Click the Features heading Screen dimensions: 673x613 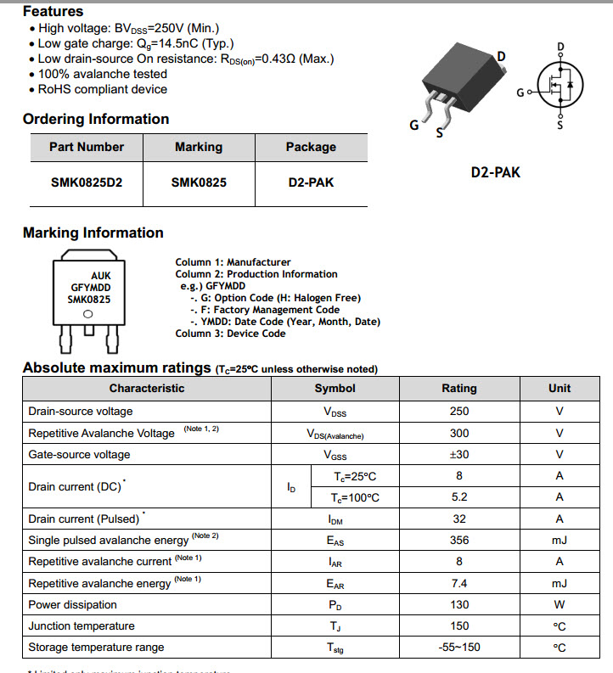point(53,12)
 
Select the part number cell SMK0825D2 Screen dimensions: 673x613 point(86,182)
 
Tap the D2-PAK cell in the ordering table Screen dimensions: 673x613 point(311,182)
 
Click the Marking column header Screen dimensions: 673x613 point(199,147)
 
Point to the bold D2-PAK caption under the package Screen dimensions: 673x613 point(496,172)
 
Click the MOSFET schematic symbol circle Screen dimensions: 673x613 point(560,85)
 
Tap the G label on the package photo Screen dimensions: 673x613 point(414,126)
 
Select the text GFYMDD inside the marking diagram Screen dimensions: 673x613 point(90,287)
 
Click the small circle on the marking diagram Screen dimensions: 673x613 point(89,315)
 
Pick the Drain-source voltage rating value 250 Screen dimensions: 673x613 point(459,411)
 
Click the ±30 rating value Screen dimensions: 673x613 point(459,454)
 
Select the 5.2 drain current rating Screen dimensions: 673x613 point(459,497)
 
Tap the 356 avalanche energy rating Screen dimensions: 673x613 point(459,540)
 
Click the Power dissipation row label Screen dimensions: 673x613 point(73,604)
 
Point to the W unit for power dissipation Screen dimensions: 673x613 point(560,604)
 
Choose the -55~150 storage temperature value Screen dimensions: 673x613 point(459,648)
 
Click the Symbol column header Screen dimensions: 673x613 point(335,388)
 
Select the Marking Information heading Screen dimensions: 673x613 point(93,233)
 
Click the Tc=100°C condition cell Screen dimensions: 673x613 point(356,497)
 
